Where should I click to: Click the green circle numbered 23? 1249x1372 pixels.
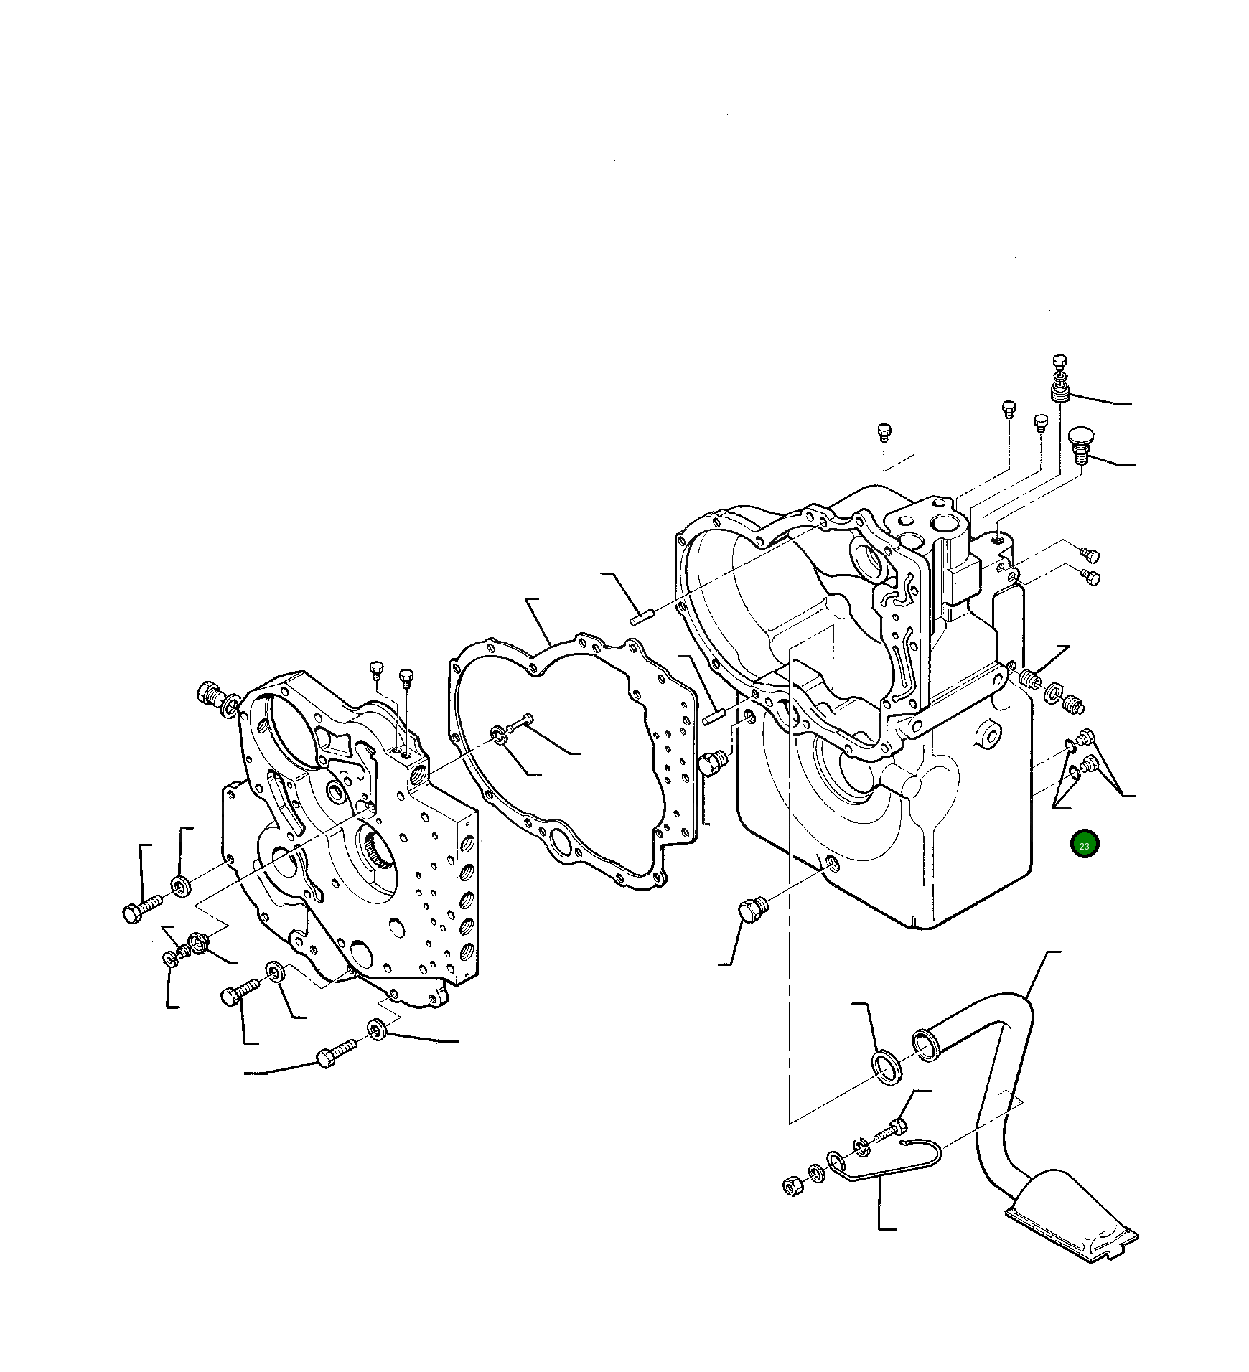[x=1084, y=845]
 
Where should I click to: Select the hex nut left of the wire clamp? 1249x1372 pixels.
[x=792, y=1185]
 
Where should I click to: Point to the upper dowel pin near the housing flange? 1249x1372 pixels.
[x=640, y=616]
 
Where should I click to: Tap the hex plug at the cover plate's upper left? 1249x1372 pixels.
[x=208, y=693]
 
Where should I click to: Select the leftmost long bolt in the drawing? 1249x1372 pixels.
[x=141, y=910]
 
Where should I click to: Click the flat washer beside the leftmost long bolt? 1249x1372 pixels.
[x=181, y=886]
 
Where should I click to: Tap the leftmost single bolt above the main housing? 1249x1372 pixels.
[x=884, y=432]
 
